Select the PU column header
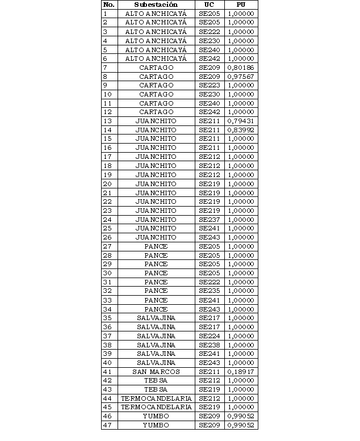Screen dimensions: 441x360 (240, 5)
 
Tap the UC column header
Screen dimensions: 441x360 (209, 5)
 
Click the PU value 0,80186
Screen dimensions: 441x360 (240, 68)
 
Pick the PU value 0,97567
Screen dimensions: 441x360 (240, 77)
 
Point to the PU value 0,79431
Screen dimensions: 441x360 (240, 121)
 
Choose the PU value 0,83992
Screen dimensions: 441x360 (240, 130)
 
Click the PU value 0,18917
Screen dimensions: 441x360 (240, 372)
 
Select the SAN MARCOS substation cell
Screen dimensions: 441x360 (156, 372)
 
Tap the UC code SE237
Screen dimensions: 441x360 (209, 220)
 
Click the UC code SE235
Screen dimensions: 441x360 (209, 291)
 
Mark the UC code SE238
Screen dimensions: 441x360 (209, 345)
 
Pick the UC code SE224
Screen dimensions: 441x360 (209, 336)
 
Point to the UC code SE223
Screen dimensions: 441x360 (209, 85)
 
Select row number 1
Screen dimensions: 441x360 (105, 14)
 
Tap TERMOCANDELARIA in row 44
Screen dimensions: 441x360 (156, 398)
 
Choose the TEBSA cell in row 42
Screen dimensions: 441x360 (156, 380)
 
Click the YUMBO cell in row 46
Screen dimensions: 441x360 (156, 416)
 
